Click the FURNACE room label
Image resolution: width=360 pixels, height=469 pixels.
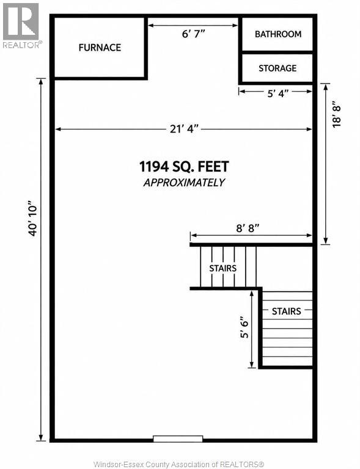click(x=100, y=47)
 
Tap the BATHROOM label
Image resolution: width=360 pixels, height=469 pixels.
click(x=278, y=34)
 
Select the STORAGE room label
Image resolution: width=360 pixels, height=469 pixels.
click(x=277, y=68)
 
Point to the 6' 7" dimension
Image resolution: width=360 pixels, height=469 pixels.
click(x=193, y=34)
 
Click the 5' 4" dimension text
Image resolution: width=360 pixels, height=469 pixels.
click(x=278, y=93)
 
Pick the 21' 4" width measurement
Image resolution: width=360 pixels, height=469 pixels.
click(x=184, y=129)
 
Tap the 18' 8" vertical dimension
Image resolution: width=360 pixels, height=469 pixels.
click(x=336, y=116)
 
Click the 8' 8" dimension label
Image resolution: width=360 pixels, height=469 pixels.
click(x=248, y=228)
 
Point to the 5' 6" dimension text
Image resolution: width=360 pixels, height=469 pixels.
click(x=244, y=327)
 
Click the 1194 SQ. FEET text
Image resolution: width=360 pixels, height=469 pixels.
click(x=184, y=166)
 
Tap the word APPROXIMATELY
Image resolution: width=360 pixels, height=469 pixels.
click(x=184, y=183)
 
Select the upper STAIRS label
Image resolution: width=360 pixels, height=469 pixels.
click(x=222, y=268)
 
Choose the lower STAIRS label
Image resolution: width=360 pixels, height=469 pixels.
click(x=287, y=311)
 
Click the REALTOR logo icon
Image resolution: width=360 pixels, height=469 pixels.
click(x=21, y=21)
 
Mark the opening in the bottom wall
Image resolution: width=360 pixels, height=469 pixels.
click(x=178, y=439)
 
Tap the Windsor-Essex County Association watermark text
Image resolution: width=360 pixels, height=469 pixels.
click(x=178, y=464)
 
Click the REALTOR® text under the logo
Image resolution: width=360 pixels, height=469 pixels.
click(x=23, y=45)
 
